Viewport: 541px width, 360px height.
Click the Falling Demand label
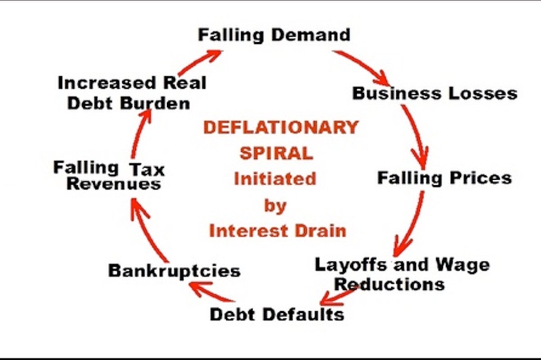[274, 35]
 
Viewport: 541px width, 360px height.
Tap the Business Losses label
[435, 93]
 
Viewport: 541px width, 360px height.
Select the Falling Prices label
[444, 178]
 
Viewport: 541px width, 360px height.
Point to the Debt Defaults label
[277, 314]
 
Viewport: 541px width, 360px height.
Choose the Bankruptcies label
[174, 271]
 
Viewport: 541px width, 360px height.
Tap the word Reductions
[390, 284]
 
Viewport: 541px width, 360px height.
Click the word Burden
[156, 104]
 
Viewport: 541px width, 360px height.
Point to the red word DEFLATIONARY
[280, 128]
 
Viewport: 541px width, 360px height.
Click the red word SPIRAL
[276, 153]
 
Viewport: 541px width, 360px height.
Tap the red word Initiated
[275, 179]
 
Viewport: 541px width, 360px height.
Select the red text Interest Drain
[277, 231]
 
